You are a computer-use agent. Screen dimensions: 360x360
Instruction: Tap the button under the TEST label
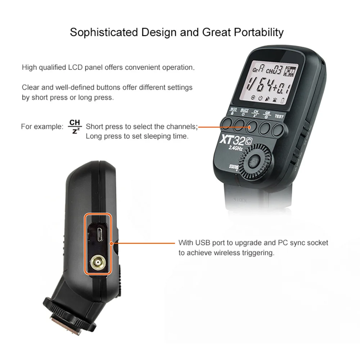(279, 127)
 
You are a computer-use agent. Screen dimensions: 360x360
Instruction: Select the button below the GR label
(266, 126)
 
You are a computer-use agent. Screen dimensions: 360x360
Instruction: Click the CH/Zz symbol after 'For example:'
(75, 127)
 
